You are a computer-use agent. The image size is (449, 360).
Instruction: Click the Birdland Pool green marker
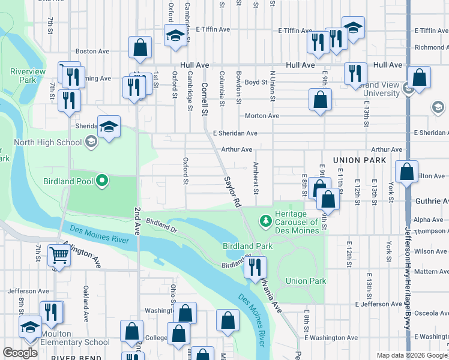click(102, 181)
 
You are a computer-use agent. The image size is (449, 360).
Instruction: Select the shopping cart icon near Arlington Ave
click(60, 256)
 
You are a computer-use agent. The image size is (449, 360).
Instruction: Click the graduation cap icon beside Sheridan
click(109, 127)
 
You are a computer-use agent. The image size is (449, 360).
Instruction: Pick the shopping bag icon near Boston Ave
click(140, 47)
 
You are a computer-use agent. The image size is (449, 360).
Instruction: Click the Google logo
click(20, 353)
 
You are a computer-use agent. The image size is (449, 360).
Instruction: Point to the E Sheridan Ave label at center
click(235, 133)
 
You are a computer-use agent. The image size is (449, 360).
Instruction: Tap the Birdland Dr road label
click(162, 225)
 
